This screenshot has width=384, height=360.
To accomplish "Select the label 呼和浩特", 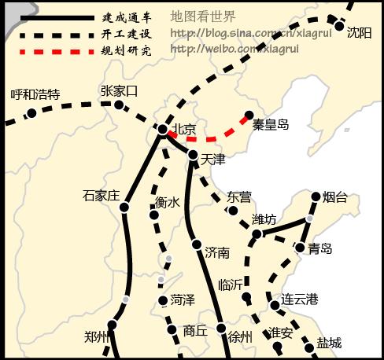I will coord(35,94).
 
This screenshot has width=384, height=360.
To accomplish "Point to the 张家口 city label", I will coord(120,90).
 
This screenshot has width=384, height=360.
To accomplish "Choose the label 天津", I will coord(213,160).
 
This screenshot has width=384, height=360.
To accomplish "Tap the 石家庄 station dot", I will coord(124,208).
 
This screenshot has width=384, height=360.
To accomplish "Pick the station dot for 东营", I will coord(232,210).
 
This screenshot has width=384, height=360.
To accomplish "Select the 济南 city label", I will coord(216,252).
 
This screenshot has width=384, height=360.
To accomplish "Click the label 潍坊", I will coord(264,219).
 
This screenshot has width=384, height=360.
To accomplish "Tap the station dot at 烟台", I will coord(316,197).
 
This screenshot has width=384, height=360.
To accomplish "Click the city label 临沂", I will coord(232,285).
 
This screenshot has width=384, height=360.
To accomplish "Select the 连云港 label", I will coord(300,299).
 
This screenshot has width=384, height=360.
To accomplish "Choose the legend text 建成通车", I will coord(125,17).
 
